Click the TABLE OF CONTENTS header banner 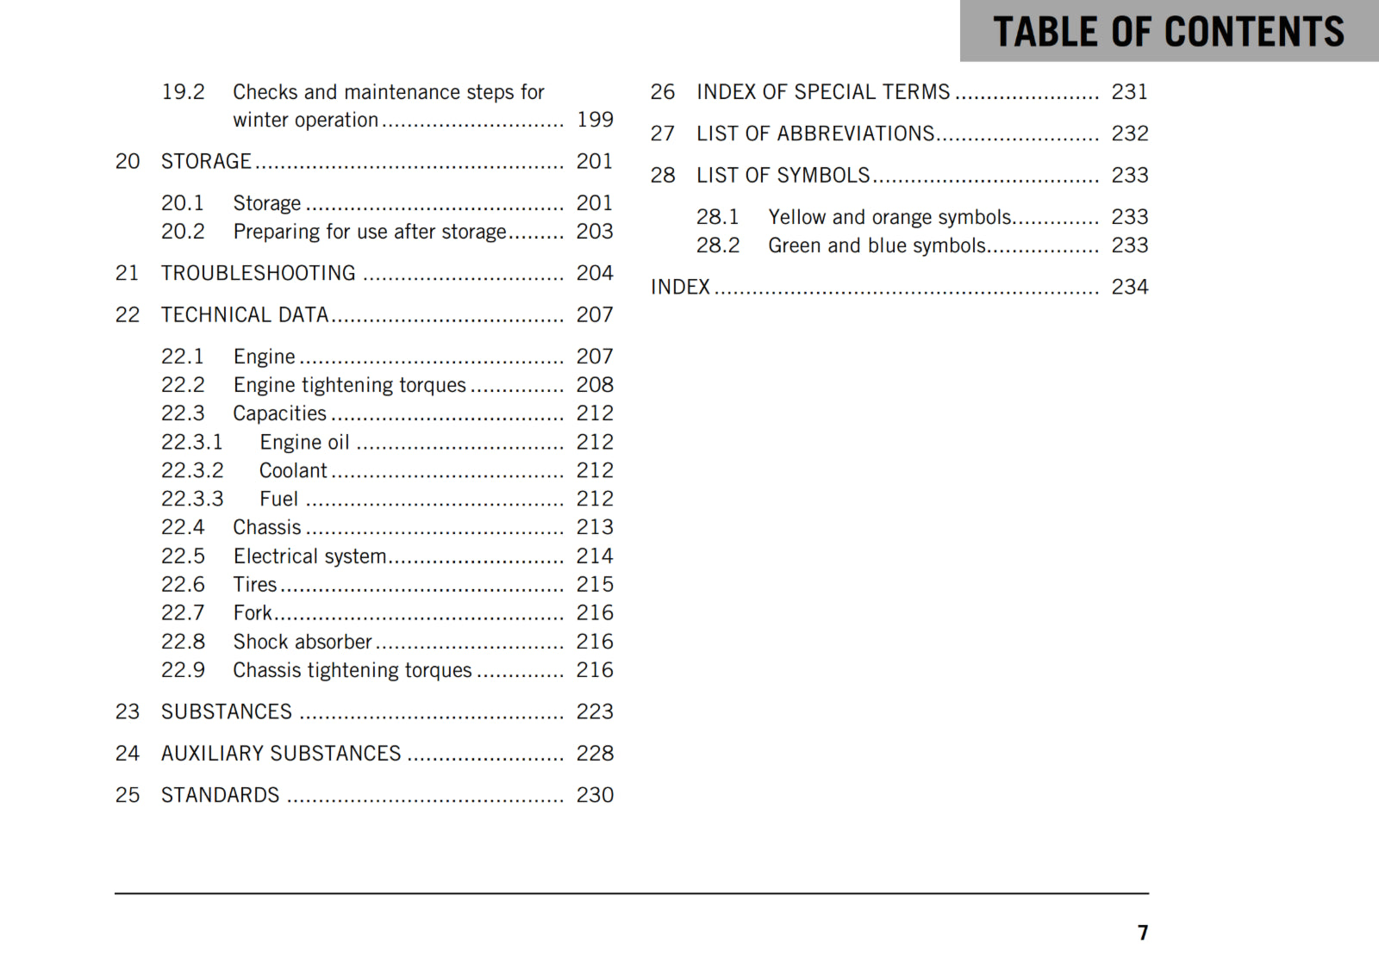tap(1168, 31)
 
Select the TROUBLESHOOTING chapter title tap(258, 273)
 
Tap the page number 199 tap(595, 120)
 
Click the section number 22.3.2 tap(192, 470)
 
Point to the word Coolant tap(293, 470)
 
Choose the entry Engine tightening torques tap(349, 385)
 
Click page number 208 tap(595, 385)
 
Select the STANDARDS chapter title tap(220, 795)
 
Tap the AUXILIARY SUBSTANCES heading tap(281, 754)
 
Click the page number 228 tap(595, 754)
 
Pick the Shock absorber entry tap(303, 642)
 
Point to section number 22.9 tap(183, 670)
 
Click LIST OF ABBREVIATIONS tap(815, 134)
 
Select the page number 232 tap(1130, 134)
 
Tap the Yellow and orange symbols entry tap(889, 217)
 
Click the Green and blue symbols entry tap(877, 245)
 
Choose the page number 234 tap(1130, 287)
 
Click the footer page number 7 tap(1143, 933)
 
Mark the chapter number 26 tap(663, 92)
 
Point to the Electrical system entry tap(309, 556)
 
